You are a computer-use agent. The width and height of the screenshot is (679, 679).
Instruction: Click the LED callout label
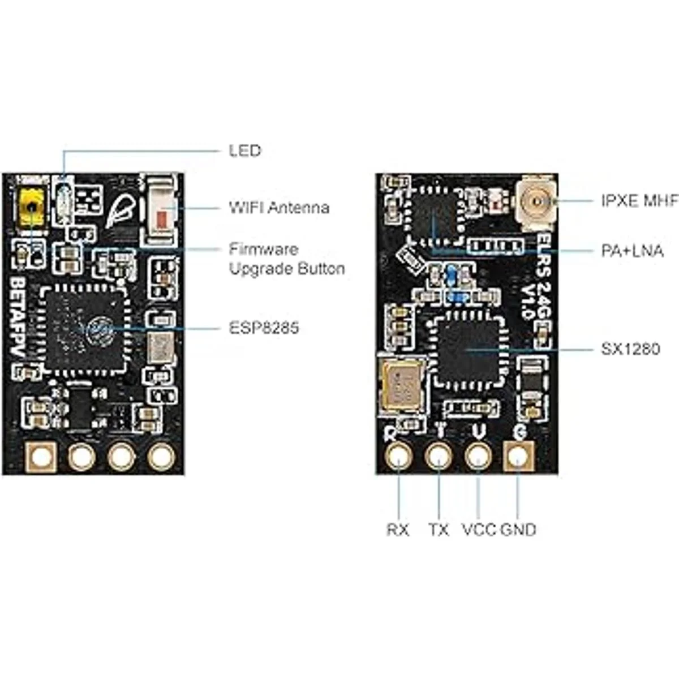coord(244,151)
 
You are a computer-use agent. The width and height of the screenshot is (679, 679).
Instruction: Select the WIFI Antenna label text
coord(278,208)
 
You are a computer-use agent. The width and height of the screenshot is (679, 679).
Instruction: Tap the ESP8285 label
coord(264,328)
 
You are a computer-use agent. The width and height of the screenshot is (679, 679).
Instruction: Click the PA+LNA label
coord(632,251)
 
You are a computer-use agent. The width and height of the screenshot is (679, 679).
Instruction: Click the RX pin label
coord(398,530)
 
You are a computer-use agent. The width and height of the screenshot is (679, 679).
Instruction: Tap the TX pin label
coord(439,530)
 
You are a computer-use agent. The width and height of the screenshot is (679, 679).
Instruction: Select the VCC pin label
coord(479,530)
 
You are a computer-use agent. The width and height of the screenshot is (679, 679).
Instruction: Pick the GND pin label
coord(518,530)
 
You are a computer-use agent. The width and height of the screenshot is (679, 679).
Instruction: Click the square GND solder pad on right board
coord(518,455)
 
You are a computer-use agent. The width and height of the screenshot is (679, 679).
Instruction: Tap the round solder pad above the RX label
coord(399,455)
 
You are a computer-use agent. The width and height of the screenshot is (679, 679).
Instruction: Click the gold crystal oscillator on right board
coord(403,383)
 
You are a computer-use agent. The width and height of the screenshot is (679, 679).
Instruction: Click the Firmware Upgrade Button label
coord(286,259)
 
